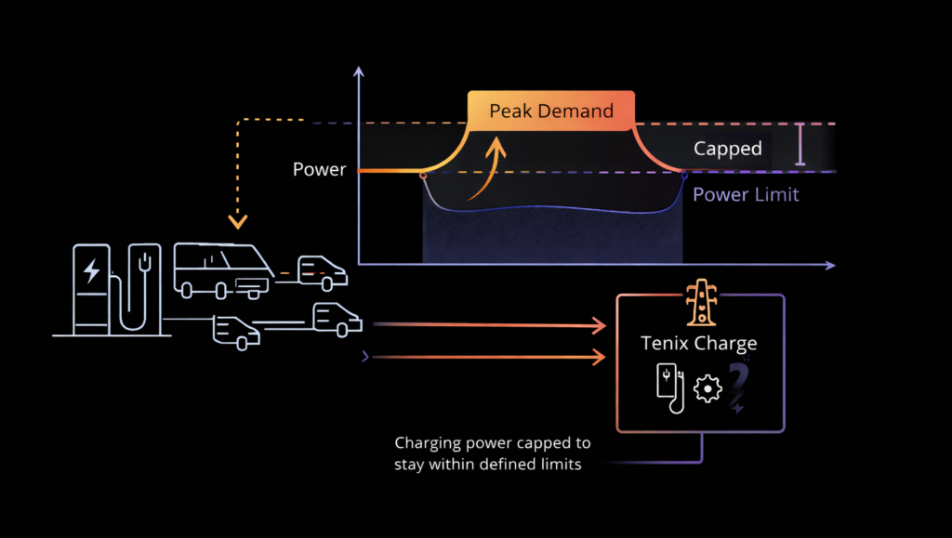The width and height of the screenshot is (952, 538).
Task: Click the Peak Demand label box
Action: coord(550,112)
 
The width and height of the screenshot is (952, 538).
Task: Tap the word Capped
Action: coord(727,149)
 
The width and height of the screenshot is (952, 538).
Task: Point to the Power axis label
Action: coord(319,170)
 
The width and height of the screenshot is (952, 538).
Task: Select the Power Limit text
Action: coord(746,195)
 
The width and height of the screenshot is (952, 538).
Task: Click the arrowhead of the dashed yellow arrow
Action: coord(239,222)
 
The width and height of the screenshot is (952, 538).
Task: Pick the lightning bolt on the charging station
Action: coord(91,271)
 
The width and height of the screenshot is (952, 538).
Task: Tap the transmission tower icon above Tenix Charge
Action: coord(699,304)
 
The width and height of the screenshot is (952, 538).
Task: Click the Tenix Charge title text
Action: coord(699,343)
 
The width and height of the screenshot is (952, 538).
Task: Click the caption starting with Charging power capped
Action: coord(492,453)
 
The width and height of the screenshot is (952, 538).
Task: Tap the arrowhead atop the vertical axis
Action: coord(359,70)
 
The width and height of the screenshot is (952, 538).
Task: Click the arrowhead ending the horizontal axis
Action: coord(829,266)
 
